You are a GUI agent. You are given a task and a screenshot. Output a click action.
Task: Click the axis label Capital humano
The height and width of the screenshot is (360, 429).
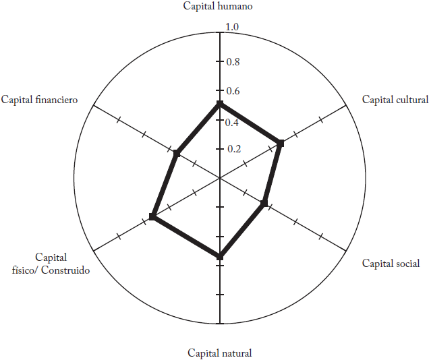tap(218, 6)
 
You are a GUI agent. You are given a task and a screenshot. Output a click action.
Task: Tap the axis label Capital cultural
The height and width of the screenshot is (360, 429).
tap(395, 100)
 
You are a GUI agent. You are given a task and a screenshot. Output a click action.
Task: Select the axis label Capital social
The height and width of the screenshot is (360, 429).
tap(391, 264)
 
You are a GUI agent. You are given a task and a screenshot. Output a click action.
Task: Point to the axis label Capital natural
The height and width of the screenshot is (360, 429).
tap(220, 353)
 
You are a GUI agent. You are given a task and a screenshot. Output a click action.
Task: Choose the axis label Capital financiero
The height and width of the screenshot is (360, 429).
tap(39, 100)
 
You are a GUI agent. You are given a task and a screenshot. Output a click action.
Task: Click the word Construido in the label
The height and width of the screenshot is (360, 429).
tap(65, 270)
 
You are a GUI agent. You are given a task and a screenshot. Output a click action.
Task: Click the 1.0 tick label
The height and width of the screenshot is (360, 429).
tap(232, 28)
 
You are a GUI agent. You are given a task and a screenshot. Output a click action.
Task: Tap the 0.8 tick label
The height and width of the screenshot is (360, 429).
tap(233, 62)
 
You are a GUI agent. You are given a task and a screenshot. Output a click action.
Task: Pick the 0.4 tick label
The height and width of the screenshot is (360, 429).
tap(233, 123)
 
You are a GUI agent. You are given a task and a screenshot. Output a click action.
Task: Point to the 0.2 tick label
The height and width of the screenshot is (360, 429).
tap(233, 149)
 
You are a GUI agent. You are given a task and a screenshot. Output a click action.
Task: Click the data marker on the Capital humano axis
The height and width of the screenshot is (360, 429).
tap(219, 104)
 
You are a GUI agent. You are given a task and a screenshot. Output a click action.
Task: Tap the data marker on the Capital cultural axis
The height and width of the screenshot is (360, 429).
tap(281, 143)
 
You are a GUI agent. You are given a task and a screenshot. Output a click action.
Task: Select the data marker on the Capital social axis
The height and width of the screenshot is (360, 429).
tap(264, 203)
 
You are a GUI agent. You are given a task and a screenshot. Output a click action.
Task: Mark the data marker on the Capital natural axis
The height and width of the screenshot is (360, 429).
tap(219, 257)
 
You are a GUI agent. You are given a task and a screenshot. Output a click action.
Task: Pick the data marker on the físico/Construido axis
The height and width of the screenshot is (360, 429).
tap(153, 217)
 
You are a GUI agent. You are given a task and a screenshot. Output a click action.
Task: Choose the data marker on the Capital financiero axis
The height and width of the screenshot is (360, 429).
tap(177, 154)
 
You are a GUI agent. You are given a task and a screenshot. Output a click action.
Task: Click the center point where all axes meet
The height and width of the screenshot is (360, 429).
tap(219, 178)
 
